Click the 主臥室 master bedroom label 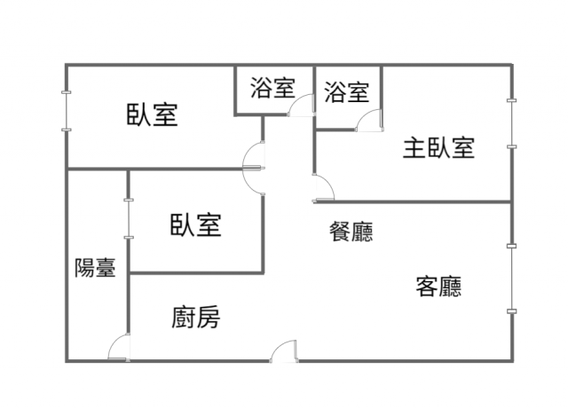click(438, 147)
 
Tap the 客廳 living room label click(438, 287)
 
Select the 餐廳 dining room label click(351, 232)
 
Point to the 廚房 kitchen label click(195, 318)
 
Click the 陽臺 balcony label click(95, 268)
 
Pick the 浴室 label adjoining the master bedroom click(347, 91)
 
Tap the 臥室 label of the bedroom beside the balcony click(195, 225)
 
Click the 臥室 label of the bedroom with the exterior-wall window click(152, 114)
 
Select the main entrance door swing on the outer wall click(284, 350)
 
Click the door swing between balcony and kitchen click(119, 347)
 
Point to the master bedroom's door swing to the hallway click(323, 187)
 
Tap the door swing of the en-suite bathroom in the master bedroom click(369, 121)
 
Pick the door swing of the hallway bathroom click(301, 105)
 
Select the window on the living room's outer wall click(511, 279)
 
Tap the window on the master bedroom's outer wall click(511, 123)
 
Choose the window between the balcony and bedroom click(129, 218)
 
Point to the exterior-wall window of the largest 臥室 click(67, 111)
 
